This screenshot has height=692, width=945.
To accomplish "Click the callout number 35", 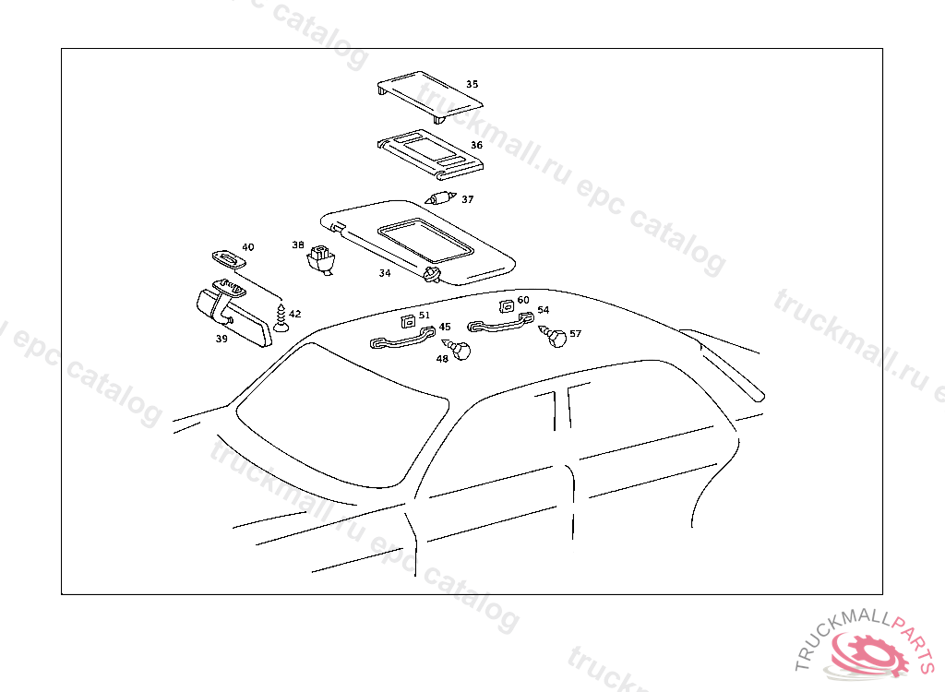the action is [472, 84].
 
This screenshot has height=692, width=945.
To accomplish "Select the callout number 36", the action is [476, 145].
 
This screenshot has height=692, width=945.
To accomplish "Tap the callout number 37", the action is [467, 199].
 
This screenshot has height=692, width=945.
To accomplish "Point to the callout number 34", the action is [385, 273].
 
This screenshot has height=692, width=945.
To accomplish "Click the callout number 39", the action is [221, 339].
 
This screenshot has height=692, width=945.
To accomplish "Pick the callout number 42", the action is [294, 315].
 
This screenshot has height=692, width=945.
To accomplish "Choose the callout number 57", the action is [575, 333].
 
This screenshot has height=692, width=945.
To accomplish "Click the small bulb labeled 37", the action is [441, 197].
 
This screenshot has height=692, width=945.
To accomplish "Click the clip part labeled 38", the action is [320, 258].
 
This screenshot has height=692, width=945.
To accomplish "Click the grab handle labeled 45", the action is [398, 342].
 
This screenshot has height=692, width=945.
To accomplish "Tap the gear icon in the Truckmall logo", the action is [868, 656].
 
